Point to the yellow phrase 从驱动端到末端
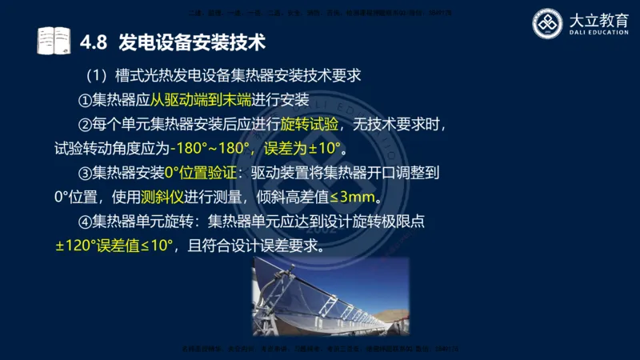tap(201, 101)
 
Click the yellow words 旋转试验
tap(310, 125)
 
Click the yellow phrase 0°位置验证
tap(201, 173)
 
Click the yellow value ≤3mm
tap(352, 197)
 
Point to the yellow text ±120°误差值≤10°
tap(114, 246)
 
